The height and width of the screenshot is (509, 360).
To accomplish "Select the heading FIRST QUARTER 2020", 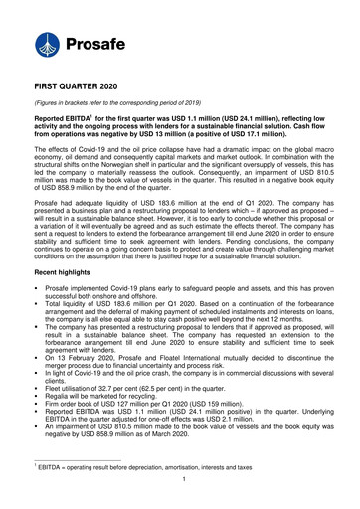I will click(x=90, y=88).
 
